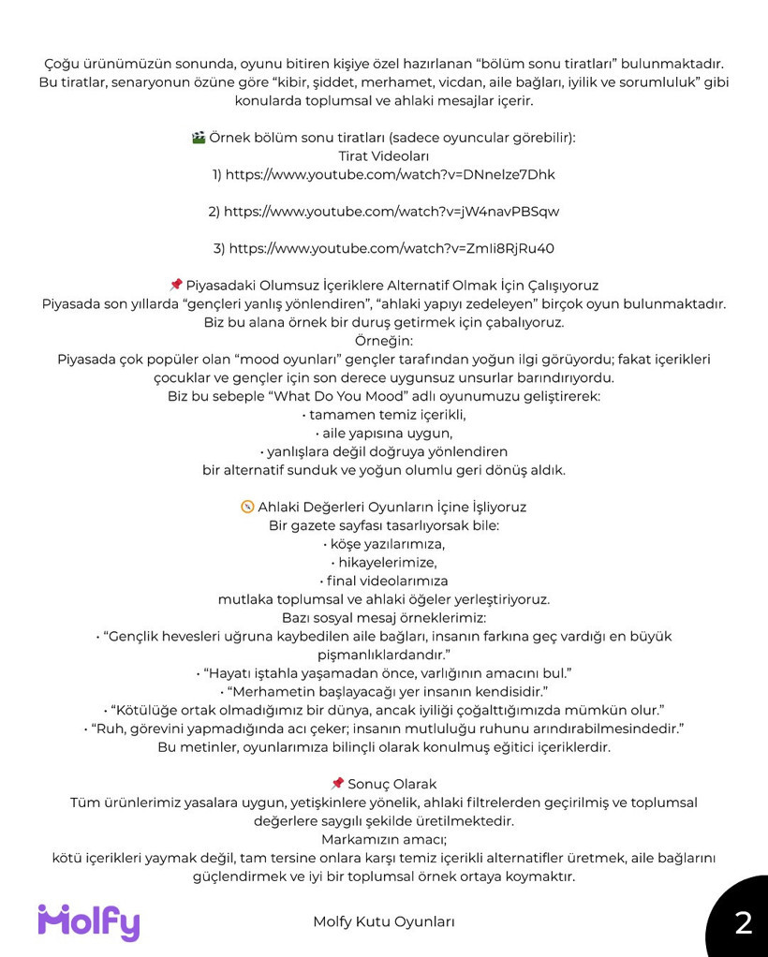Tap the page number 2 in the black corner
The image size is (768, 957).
click(744, 923)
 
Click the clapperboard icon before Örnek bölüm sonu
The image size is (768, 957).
click(198, 138)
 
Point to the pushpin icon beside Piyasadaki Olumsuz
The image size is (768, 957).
click(175, 285)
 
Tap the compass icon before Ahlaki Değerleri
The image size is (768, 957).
click(247, 507)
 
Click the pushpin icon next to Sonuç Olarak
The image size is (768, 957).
click(337, 784)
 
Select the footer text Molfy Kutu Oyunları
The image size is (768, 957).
click(384, 921)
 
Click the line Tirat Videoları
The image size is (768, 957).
click(384, 155)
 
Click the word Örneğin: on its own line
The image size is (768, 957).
click(384, 341)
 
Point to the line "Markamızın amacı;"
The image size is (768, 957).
click(384, 839)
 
